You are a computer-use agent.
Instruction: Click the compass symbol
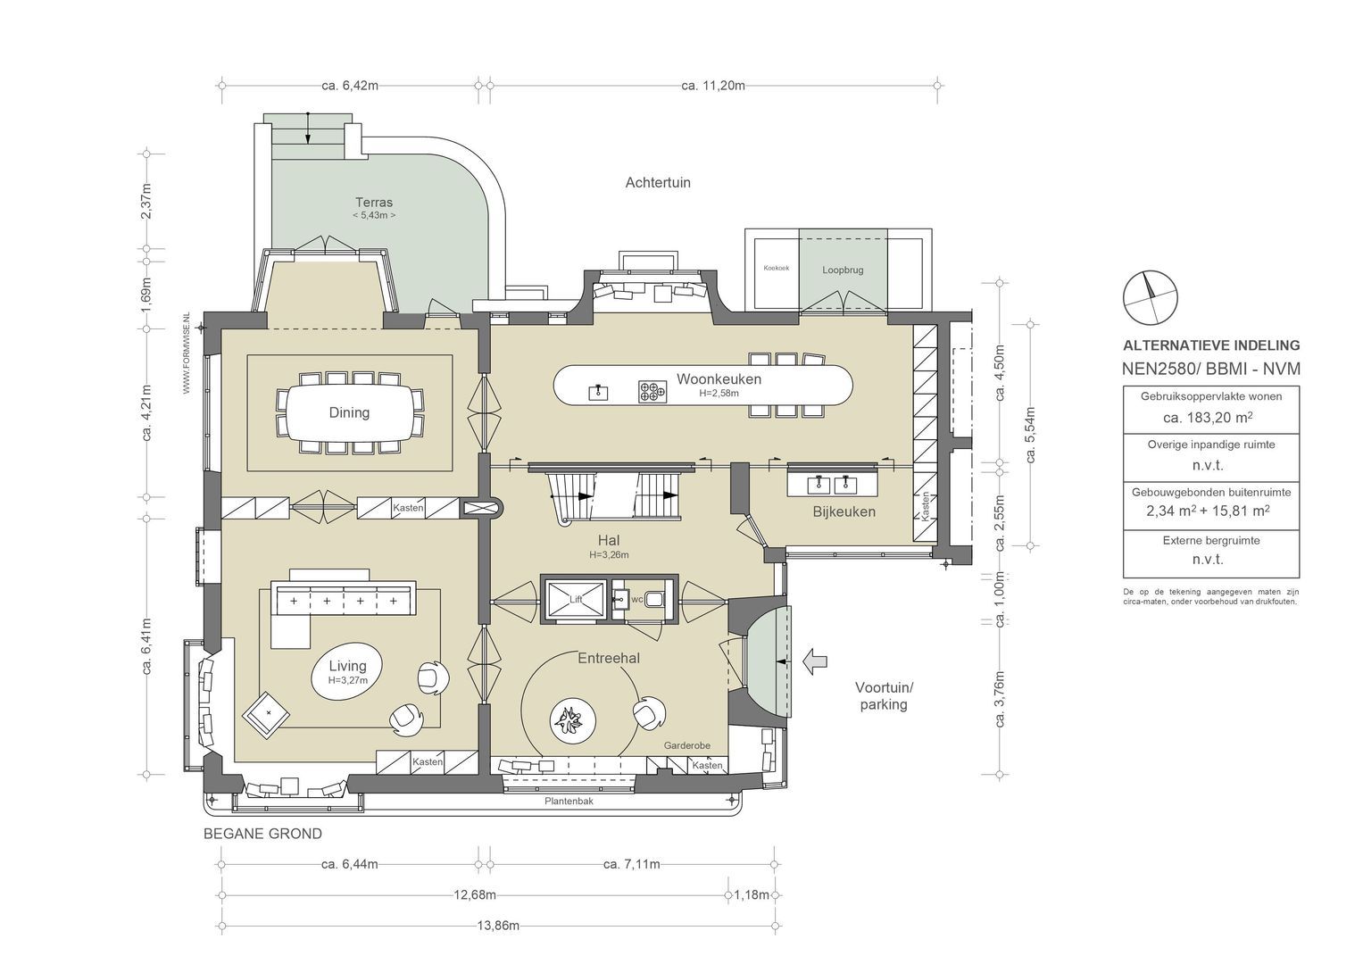(1150, 297)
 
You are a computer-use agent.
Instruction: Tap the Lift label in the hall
(576, 600)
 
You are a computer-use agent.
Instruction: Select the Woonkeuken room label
(719, 379)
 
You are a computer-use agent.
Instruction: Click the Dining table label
(349, 412)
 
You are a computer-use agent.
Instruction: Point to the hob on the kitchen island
(652, 392)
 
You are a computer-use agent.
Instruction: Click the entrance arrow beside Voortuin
(815, 661)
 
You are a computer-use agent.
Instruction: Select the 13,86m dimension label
(498, 927)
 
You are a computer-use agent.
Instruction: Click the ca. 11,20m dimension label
(713, 86)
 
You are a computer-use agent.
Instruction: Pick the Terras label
(374, 202)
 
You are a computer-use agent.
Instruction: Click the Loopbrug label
(843, 270)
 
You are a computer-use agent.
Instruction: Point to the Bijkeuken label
(844, 511)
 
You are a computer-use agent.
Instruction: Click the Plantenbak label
(569, 802)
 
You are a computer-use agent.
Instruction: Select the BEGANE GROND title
(262, 834)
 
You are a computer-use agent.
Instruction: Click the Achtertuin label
(658, 183)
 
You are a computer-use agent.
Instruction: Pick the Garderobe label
(687, 745)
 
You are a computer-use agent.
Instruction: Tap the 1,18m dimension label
(752, 895)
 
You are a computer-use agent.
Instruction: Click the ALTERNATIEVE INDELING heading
(1211, 345)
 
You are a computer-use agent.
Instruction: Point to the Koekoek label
(777, 268)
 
